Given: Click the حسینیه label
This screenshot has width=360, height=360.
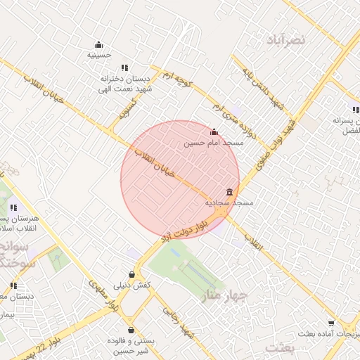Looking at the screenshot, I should tap(98, 54).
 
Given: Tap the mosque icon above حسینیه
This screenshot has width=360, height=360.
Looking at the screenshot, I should tap(98, 43).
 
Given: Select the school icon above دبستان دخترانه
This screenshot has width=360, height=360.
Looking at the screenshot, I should tap(124, 68).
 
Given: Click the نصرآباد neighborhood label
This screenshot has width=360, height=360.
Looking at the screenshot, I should tap(286, 40).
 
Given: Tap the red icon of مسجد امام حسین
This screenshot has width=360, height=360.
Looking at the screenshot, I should tap(214, 131).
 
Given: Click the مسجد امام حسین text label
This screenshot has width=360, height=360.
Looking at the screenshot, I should tap(214, 143).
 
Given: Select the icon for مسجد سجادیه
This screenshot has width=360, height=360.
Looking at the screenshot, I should tap(230, 192).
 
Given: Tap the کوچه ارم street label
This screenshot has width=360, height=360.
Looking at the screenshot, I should tap(177, 82).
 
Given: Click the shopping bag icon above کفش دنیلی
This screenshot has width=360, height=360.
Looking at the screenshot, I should tap(132, 274).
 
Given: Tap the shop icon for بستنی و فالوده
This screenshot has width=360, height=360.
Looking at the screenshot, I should tap(131, 330).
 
